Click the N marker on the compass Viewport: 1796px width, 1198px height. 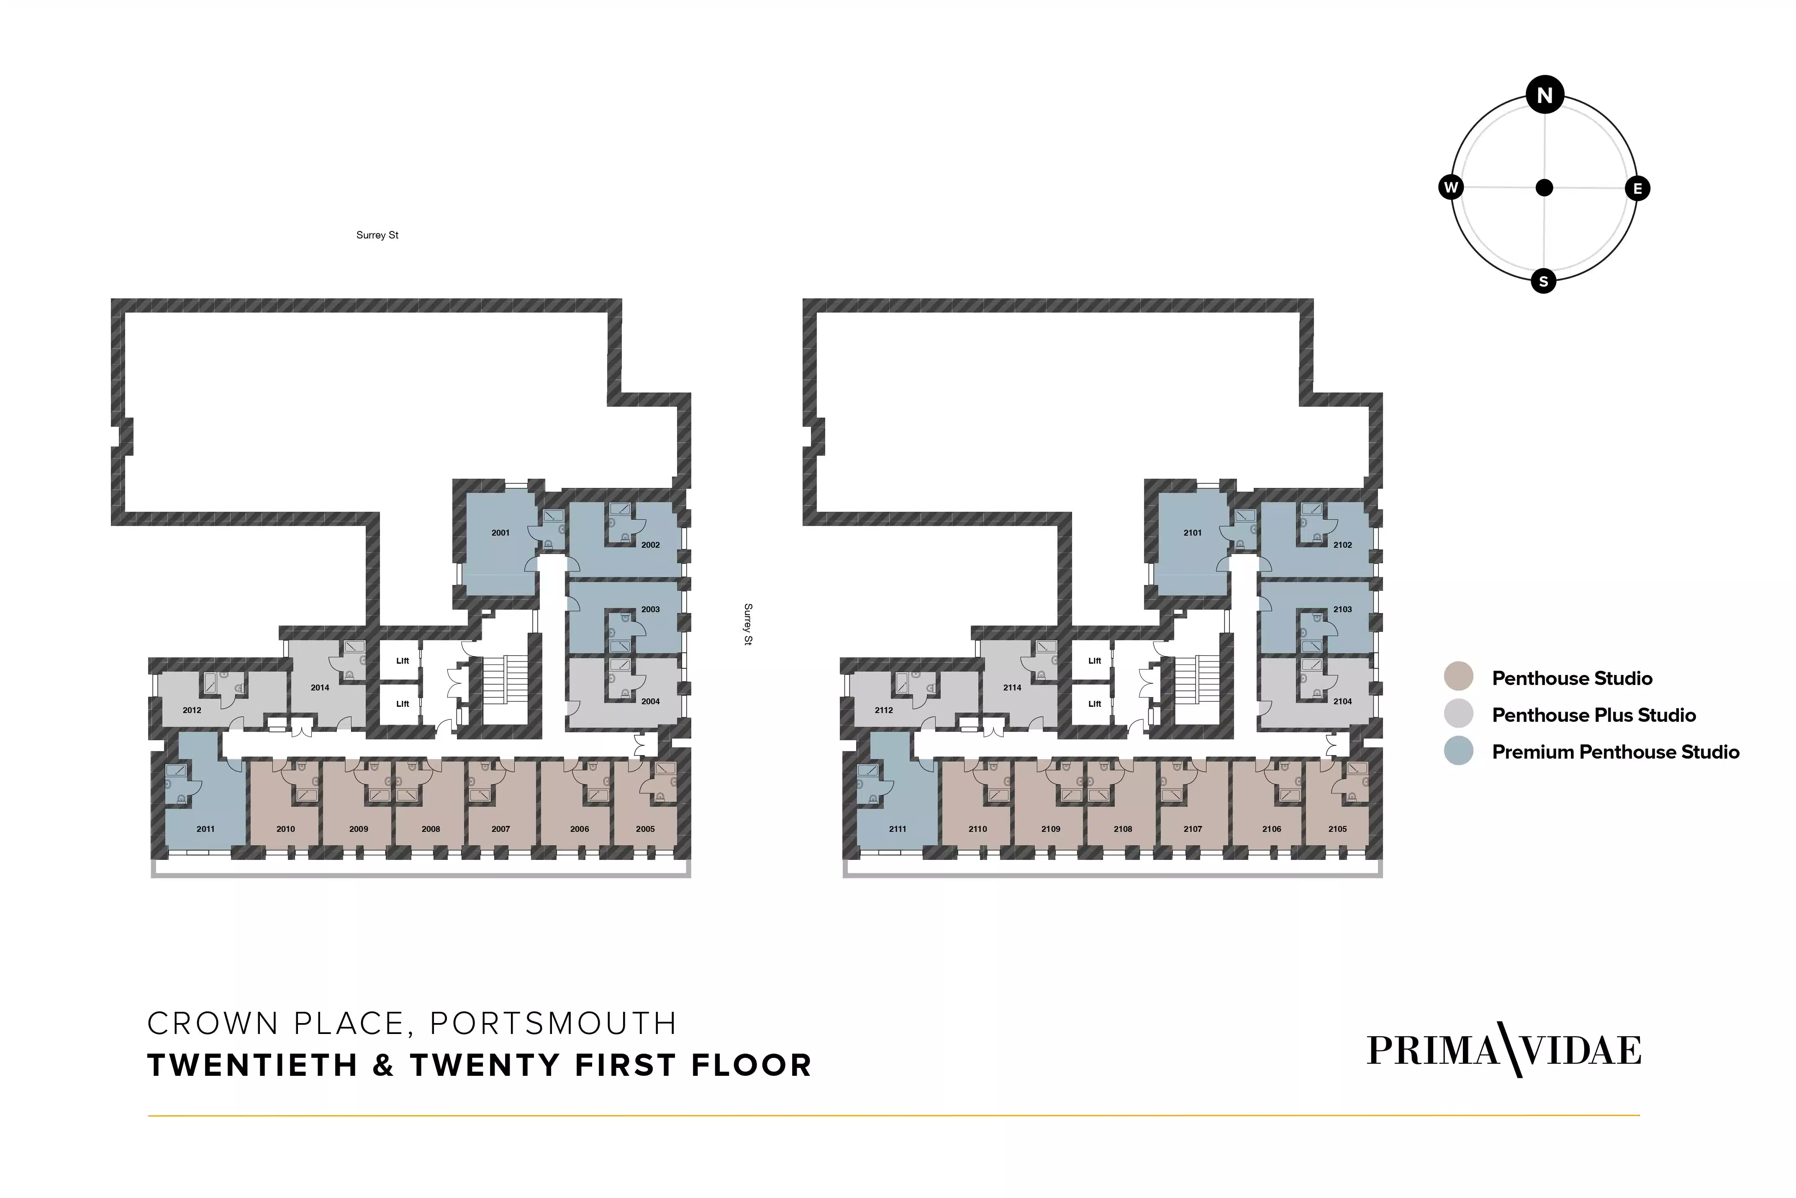point(1544,95)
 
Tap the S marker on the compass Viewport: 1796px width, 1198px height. point(1543,281)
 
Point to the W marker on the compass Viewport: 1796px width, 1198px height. point(1451,187)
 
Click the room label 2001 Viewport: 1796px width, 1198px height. point(500,533)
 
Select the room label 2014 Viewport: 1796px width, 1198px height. point(320,688)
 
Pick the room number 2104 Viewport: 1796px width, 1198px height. point(1342,701)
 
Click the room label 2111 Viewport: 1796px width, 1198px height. point(898,829)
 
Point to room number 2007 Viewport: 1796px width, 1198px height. point(500,829)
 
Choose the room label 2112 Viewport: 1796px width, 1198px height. point(884,711)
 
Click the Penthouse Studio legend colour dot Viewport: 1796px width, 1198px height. point(1458,677)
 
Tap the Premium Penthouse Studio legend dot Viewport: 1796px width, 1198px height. point(1458,751)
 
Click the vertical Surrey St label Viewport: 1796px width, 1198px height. point(748,624)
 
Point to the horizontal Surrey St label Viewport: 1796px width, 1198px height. point(377,235)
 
